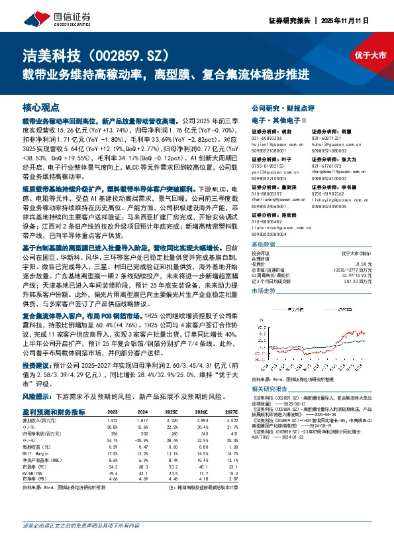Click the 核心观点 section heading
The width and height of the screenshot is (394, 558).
point(42,107)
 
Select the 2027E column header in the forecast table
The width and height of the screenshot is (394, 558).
point(228,412)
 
